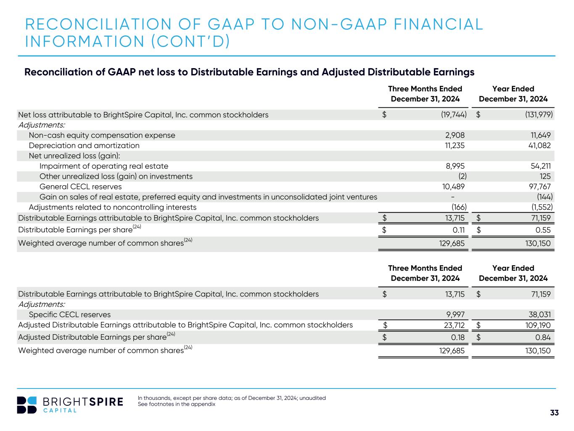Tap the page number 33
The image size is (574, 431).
tap(554, 413)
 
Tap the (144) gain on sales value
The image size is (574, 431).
tap(545, 197)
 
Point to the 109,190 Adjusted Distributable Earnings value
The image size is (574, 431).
tap(535, 325)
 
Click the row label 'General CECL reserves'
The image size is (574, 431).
tap(80, 187)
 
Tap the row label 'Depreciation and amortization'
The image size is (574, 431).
tap(84, 146)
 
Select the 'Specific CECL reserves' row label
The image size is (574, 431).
tap(70, 315)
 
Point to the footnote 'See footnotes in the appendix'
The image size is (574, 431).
tap(176, 404)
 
